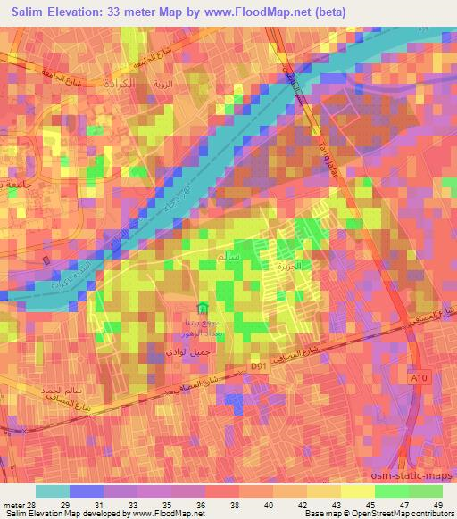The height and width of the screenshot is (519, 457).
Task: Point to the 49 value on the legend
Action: tap(438, 504)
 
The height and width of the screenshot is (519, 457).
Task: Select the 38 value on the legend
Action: tap(235, 504)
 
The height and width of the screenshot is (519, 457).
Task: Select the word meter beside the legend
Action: tap(13, 504)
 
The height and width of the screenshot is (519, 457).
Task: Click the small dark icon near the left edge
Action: tap(46, 259)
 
